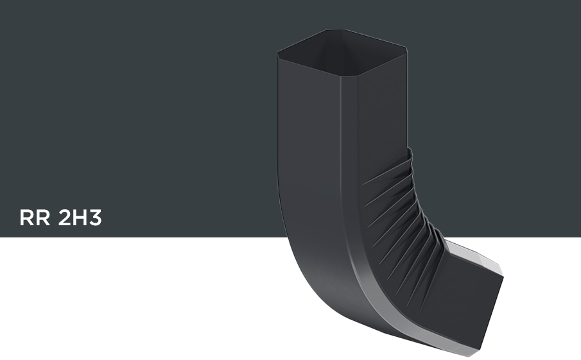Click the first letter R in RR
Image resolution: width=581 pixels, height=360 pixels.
26,218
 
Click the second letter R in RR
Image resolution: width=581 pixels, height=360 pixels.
43,218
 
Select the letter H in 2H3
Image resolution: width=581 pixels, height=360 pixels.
79,218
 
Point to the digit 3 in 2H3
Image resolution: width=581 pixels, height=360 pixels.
95,218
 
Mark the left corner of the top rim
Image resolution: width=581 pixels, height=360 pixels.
278,53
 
